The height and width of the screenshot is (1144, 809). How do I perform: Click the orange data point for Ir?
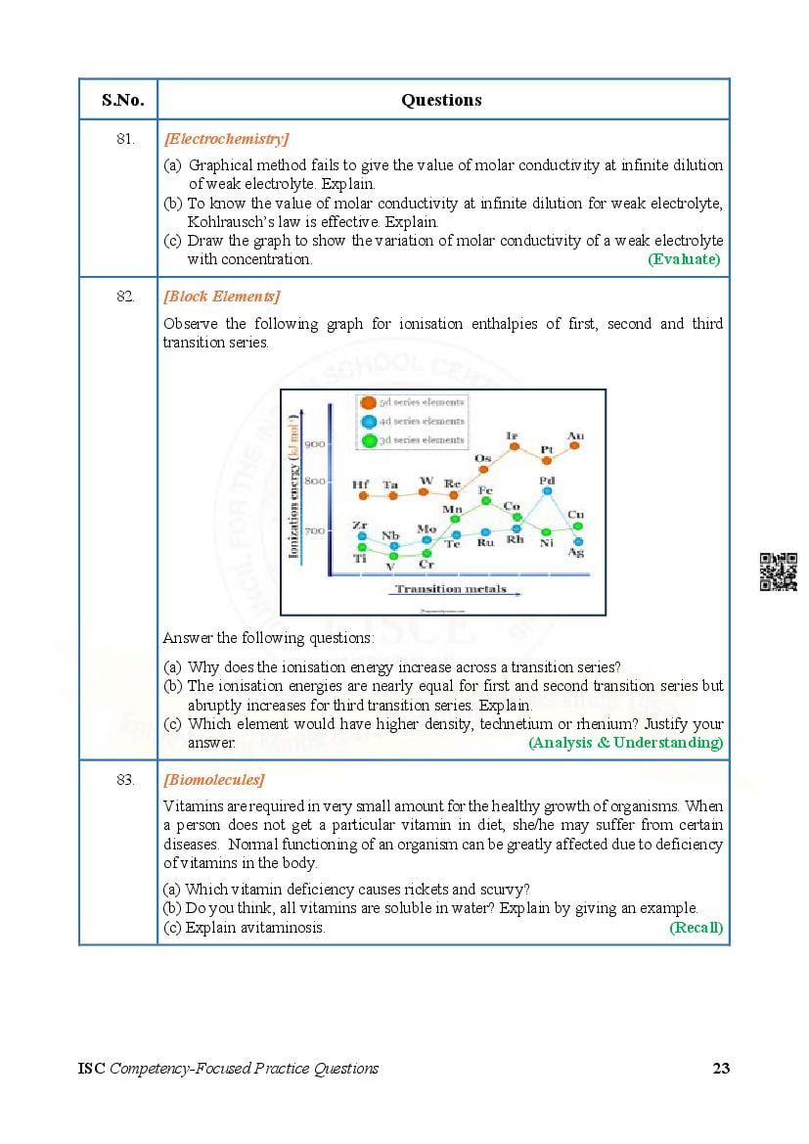(x=514, y=446)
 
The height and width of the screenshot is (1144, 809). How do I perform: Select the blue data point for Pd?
(x=547, y=492)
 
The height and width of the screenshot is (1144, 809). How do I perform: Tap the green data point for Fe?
(x=485, y=501)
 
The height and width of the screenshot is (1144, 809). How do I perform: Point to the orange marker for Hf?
(x=363, y=495)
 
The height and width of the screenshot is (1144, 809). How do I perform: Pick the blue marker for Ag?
(x=577, y=541)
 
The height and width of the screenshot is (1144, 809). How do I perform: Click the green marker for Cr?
(x=426, y=554)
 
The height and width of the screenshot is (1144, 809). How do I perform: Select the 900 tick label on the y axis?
(x=314, y=443)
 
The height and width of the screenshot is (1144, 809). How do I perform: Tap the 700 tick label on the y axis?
(x=314, y=530)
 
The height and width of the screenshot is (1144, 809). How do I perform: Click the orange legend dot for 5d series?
(x=368, y=402)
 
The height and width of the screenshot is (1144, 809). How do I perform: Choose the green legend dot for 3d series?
(x=368, y=440)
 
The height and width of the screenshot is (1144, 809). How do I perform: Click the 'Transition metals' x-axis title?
(x=451, y=589)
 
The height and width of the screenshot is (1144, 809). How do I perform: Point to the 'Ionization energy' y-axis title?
(x=293, y=485)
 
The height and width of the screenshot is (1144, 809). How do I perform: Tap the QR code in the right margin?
(x=778, y=572)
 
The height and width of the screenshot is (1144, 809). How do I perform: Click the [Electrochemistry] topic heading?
(x=226, y=139)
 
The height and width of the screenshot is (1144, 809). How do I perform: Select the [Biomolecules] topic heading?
(x=213, y=780)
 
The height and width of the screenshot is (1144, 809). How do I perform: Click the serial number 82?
(x=124, y=297)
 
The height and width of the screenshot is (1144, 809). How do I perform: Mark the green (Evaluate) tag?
(x=684, y=259)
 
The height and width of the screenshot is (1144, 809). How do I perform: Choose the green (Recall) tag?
(x=696, y=928)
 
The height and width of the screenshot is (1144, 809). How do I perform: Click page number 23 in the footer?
(x=721, y=1068)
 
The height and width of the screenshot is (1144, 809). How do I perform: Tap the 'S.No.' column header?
(x=122, y=100)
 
